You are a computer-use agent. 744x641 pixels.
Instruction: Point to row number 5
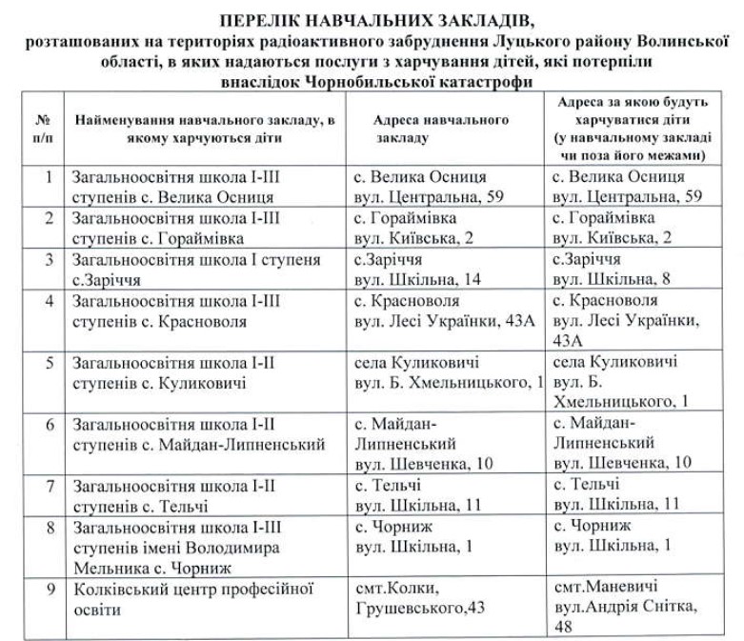tap(49, 365)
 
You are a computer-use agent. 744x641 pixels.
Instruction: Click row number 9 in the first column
tap(49, 587)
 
